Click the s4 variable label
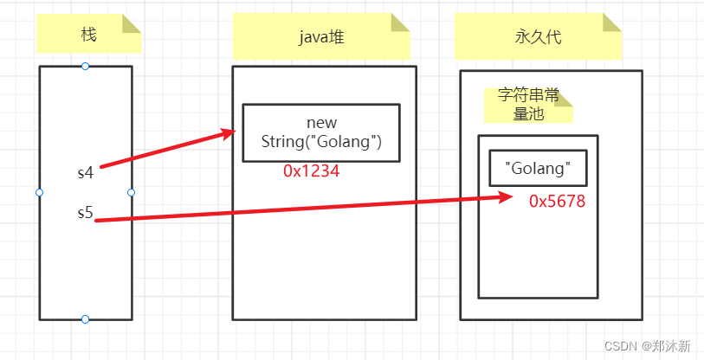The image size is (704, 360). tap(85, 172)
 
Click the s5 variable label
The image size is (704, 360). tap(85, 212)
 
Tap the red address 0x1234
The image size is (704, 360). tap(311, 171)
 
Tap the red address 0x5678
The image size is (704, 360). tap(557, 201)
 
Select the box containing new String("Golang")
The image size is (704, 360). tap(320, 133)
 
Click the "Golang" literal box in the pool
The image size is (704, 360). tap(537, 168)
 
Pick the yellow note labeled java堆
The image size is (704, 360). tap(321, 37)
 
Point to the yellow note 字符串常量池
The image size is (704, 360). tap(528, 105)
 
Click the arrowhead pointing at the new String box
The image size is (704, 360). tap(230, 132)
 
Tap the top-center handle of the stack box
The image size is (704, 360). tap(85, 67)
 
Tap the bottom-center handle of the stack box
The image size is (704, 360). tap(85, 319)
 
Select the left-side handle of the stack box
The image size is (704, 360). tap(39, 192)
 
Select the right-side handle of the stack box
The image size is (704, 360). tap(132, 192)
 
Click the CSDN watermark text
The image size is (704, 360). tap(647, 346)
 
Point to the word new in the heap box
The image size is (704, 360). tap(321, 123)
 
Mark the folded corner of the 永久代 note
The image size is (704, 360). tap(612, 22)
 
